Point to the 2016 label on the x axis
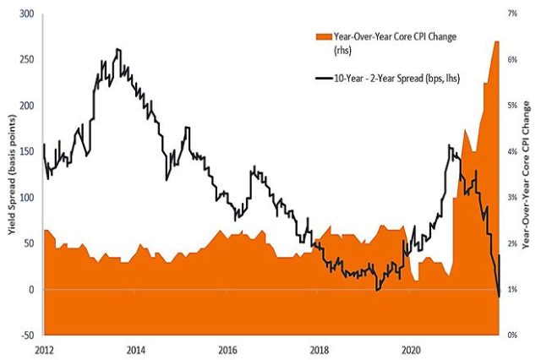pyautogui.click(x=227, y=348)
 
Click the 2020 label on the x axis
pyautogui.click(x=412, y=348)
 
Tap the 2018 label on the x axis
pyautogui.click(x=320, y=348)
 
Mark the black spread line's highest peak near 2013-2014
pyautogui.click(x=117, y=50)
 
